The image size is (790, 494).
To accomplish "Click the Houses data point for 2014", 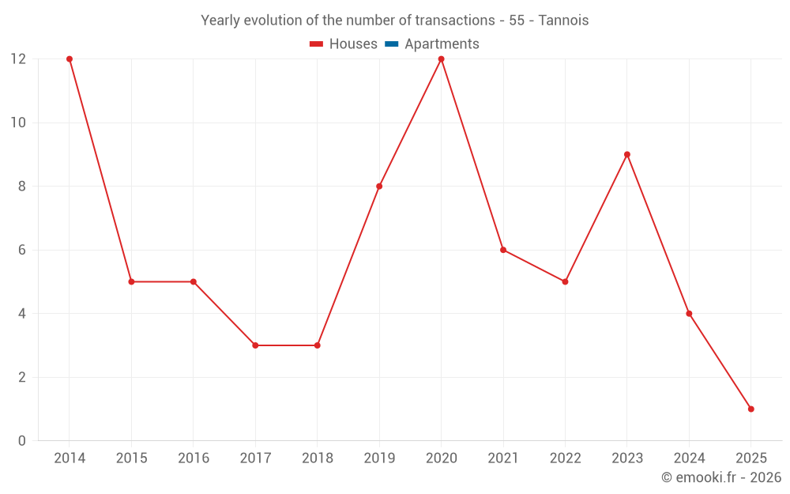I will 70,59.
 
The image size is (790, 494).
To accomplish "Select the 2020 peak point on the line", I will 441,59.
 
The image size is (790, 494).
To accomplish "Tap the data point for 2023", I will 627,155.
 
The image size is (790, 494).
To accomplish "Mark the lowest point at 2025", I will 750,409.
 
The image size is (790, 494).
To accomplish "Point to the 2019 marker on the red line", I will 379,187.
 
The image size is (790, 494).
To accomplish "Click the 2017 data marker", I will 255,345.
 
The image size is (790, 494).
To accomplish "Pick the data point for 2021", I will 503,250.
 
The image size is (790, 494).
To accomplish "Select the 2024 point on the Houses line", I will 689,314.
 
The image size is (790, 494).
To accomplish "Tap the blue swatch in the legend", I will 390,44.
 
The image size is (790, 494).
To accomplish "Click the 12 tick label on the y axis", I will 17,59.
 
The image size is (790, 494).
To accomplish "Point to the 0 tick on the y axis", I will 22,440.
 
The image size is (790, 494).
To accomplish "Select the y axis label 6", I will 22,250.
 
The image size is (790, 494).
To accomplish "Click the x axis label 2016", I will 194,458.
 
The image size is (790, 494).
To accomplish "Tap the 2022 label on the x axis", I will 565,458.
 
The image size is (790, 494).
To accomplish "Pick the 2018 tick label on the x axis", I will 317,458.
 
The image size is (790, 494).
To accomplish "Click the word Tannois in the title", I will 563,21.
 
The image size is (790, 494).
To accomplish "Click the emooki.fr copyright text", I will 721,477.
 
